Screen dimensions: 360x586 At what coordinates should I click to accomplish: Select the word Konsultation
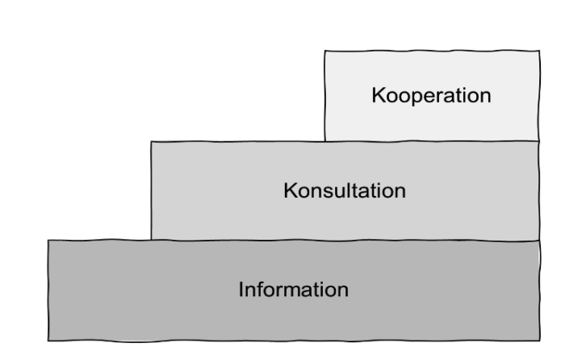345,191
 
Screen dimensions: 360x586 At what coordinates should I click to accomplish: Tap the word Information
293,289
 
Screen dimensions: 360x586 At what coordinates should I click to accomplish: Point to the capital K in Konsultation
290,191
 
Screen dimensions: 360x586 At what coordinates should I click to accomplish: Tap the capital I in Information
241,289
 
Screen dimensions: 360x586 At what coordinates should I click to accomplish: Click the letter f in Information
260,288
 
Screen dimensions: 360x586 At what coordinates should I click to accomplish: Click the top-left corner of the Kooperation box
324,51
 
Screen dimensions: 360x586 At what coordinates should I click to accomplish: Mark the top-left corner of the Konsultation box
151,141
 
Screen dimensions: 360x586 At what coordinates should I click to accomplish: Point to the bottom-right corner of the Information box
539,339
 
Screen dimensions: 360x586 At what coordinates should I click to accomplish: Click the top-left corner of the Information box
48,241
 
